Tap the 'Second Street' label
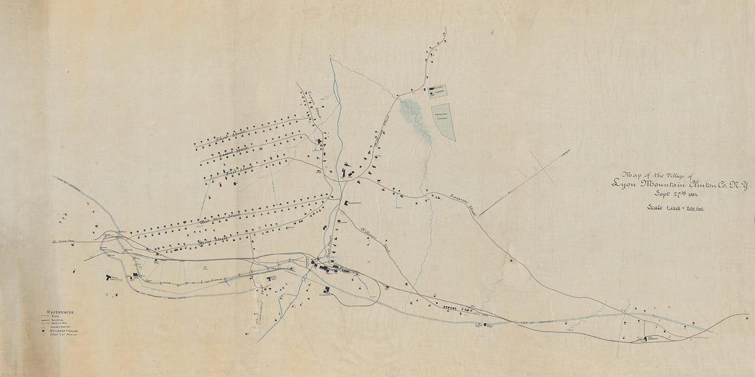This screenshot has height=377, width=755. click(x=233, y=150)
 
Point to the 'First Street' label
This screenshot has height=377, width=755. click(x=238, y=169)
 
